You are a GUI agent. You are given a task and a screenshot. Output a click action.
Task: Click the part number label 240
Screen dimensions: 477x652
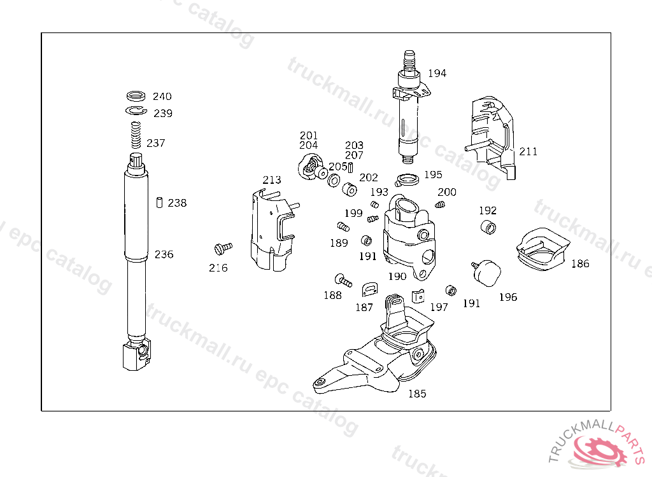[162, 97]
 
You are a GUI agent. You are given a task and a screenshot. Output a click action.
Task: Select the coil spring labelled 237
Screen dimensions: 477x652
[135, 135]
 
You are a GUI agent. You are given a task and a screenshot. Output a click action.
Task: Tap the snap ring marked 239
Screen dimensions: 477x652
[136, 112]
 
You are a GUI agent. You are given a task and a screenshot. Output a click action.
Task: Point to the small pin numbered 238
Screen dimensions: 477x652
[159, 202]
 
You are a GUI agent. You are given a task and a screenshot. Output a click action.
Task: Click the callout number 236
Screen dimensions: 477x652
[164, 254]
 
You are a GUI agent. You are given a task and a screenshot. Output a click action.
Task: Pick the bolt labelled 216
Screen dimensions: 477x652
[223, 247]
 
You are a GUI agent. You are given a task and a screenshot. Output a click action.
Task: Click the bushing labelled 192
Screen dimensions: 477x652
[488, 227]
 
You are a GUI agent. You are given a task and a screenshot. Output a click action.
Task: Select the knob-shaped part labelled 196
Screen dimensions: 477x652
[488, 272]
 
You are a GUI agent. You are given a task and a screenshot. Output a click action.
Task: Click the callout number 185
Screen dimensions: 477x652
[416, 394]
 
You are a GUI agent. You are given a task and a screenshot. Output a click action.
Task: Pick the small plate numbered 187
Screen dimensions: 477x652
[369, 290]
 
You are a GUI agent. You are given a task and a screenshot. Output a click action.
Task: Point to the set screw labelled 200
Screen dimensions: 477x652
[440, 204]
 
